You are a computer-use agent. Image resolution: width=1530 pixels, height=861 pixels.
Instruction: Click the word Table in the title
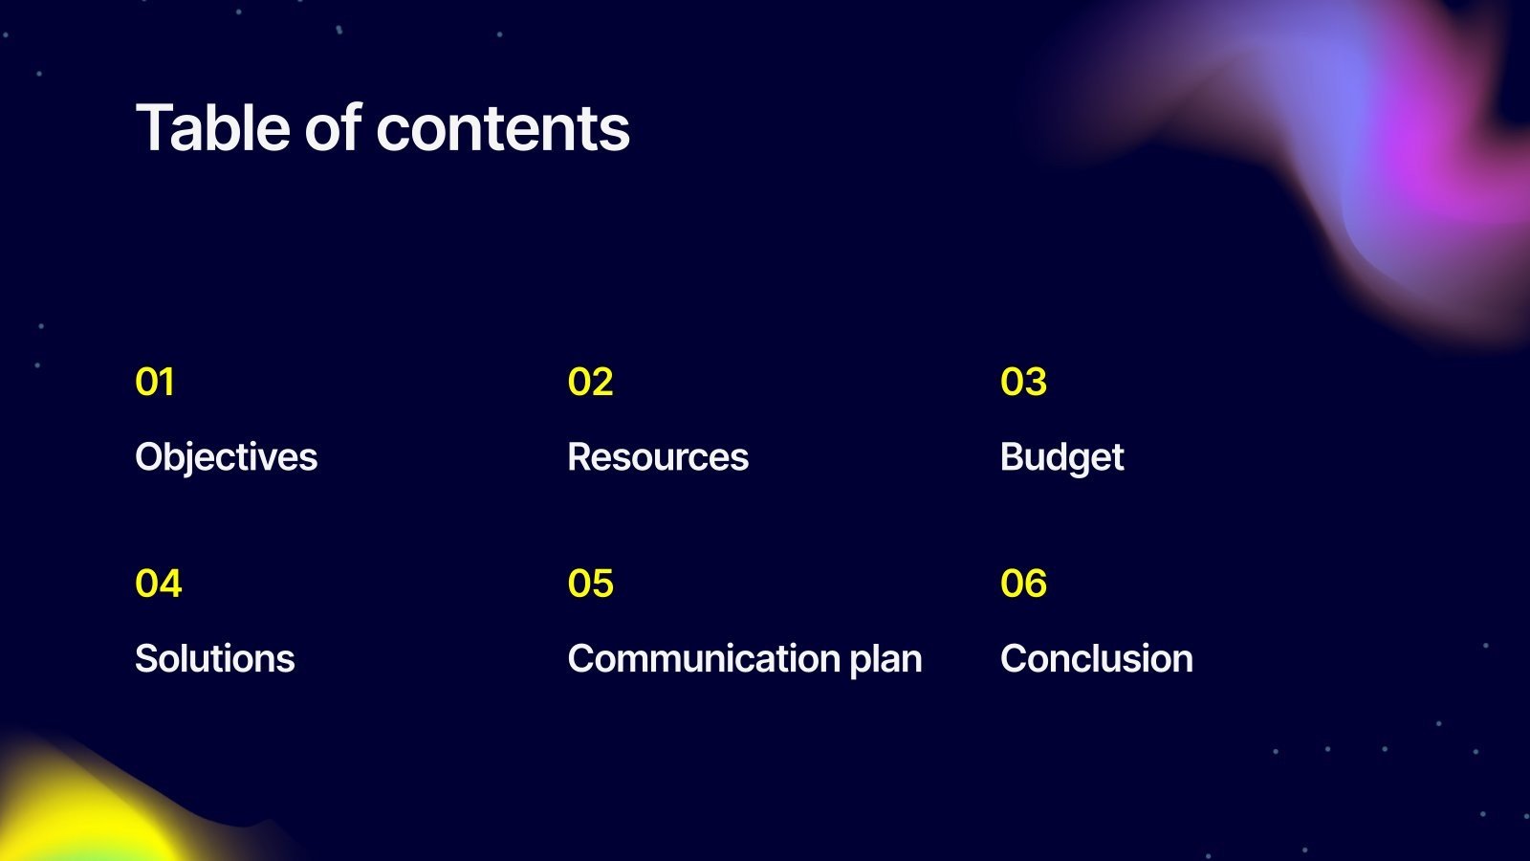pos(212,127)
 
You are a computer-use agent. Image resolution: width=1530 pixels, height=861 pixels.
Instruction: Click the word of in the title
pos(333,127)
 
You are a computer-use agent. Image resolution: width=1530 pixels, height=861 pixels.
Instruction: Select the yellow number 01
pos(154,382)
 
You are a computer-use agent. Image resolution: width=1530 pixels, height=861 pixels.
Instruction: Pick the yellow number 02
pos(590,382)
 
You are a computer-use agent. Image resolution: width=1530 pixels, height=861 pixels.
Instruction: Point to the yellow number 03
pos(1023,382)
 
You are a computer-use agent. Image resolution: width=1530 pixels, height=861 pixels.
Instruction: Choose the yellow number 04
pos(159,584)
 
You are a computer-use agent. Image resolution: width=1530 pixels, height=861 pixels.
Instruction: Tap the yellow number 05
pos(590,584)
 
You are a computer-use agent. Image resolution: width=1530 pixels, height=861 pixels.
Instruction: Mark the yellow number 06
pos(1023,584)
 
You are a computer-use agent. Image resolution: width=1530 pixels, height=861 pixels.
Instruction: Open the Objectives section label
pos(226,458)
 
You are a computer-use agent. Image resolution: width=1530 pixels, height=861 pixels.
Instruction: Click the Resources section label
pos(658,457)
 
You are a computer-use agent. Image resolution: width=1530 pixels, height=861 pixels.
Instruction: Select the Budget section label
pos(1062,458)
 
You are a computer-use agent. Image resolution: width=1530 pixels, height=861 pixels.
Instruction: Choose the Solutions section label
pos(214,659)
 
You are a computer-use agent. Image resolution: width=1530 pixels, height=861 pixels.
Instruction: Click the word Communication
pos(704,659)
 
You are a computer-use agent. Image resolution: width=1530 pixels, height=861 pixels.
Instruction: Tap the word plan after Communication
pos(885,660)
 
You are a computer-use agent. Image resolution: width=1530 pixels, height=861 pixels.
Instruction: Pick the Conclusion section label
pos(1096,659)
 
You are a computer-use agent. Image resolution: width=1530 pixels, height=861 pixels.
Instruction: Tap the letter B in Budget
pos(1013,457)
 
